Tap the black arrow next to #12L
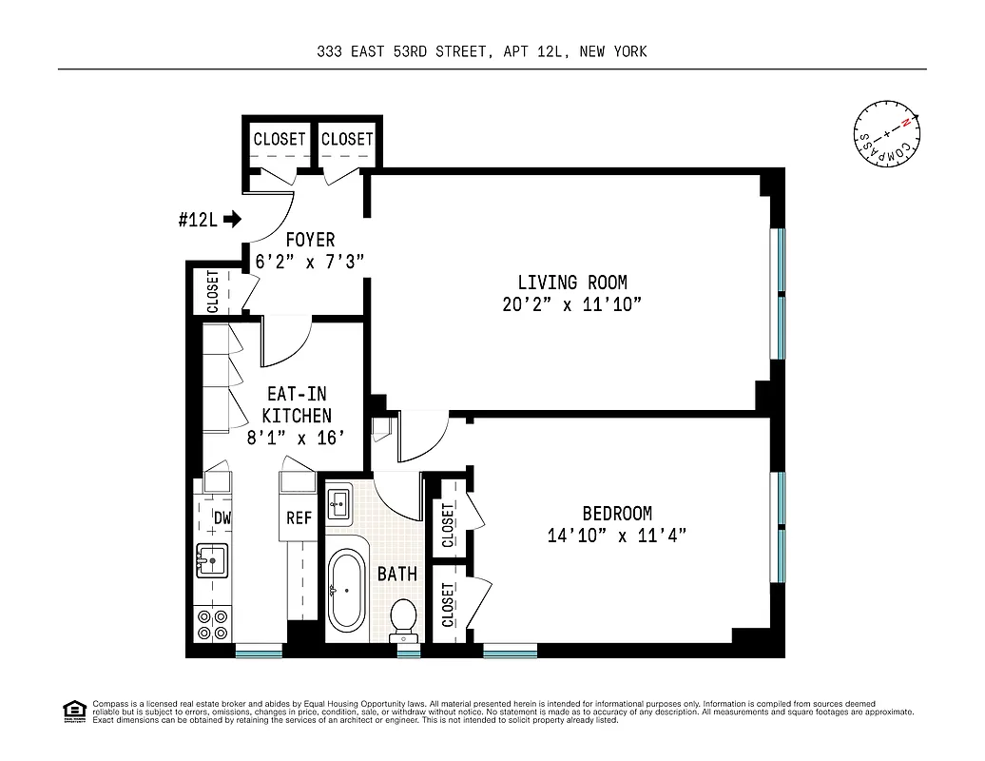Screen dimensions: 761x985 pyautogui.click(x=232, y=220)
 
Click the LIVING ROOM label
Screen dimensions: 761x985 pyautogui.click(x=571, y=283)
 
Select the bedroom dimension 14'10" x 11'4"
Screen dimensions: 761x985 pyautogui.click(x=616, y=536)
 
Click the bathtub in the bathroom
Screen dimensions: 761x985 pyautogui.click(x=344, y=590)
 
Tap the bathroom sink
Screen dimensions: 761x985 pyautogui.click(x=339, y=502)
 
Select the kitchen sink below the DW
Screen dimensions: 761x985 pyautogui.click(x=211, y=561)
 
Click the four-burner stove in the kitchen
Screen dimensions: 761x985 pyautogui.click(x=212, y=624)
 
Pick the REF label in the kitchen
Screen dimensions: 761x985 pyautogui.click(x=299, y=517)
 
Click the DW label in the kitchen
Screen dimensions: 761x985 pyautogui.click(x=222, y=517)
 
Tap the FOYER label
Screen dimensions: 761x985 pyautogui.click(x=310, y=241)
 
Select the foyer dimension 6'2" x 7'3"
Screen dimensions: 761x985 pyautogui.click(x=310, y=261)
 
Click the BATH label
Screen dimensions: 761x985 pyautogui.click(x=396, y=574)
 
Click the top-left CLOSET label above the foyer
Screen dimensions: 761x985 pyautogui.click(x=280, y=139)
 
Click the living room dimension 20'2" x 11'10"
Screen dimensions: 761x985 pyautogui.click(x=572, y=304)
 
